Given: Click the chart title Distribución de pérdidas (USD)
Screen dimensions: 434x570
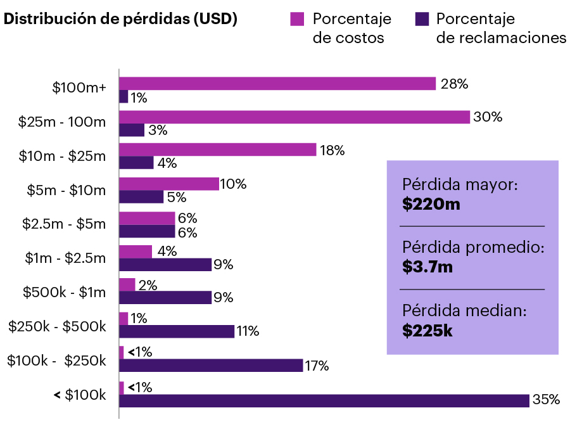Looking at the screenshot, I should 120,19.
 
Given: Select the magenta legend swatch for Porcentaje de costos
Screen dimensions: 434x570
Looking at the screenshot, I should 297,19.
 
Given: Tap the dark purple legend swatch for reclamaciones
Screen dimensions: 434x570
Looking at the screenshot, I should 421,19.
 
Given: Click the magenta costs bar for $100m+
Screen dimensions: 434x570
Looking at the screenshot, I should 277,84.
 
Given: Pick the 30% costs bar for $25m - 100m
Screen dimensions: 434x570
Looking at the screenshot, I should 294,117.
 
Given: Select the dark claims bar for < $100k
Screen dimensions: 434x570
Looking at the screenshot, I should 324,400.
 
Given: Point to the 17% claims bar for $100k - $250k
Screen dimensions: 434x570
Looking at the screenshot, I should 211,366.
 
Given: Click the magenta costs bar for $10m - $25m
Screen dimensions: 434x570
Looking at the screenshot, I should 217,150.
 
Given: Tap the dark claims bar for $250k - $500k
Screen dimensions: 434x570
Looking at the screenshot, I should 177,331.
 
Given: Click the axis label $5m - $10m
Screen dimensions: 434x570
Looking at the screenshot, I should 66,189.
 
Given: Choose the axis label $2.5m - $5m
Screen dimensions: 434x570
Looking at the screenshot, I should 63,223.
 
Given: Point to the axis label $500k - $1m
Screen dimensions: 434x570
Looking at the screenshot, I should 64,292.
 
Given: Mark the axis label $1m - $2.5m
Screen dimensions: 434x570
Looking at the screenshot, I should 65,257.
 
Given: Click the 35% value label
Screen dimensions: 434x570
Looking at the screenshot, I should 546,400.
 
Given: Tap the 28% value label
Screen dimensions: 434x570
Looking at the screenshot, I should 454,84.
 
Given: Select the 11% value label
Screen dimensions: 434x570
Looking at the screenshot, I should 248,331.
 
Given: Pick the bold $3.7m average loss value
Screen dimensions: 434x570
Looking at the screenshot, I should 427,267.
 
